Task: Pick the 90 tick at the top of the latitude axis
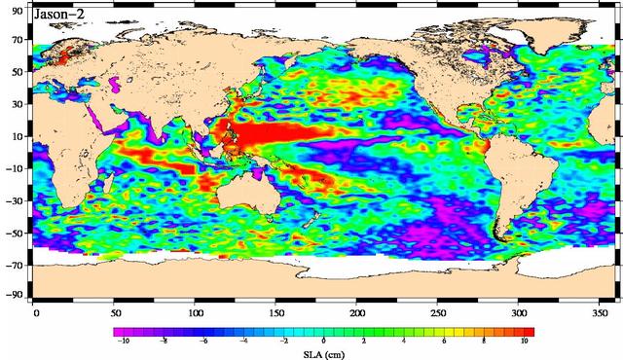17,10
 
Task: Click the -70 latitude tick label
15,264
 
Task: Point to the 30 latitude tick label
17,105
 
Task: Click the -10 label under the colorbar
124,342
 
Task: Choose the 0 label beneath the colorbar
323,342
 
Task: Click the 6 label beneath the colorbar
444,342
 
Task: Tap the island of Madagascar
111,185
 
